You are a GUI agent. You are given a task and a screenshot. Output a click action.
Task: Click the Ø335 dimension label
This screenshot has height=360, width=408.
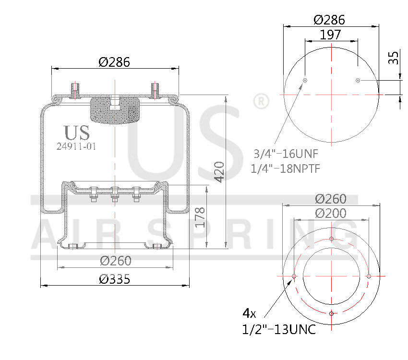tap(114, 279)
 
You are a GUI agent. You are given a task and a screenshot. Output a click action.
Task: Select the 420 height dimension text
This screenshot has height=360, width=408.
tap(219, 171)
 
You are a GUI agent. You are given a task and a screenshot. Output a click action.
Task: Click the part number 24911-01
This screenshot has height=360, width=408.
tap(76, 147)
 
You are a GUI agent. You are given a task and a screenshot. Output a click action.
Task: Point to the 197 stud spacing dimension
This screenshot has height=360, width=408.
tap(330, 35)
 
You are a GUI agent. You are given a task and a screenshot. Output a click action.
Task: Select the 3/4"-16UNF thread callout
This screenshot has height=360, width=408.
tap(286, 154)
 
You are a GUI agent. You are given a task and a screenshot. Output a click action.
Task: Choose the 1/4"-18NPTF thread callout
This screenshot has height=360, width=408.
tap(286, 168)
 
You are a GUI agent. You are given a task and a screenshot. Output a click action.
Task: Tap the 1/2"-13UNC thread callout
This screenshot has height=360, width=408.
tap(279, 329)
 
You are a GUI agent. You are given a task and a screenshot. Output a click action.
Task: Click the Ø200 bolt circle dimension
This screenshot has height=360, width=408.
tap(331, 213)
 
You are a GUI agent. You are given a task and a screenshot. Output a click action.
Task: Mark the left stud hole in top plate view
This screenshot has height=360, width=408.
tap(305, 80)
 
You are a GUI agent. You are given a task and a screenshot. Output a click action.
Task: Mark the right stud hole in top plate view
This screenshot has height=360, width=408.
tap(358, 80)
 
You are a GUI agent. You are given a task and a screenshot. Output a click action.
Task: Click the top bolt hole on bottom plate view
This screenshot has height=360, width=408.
tap(332, 239)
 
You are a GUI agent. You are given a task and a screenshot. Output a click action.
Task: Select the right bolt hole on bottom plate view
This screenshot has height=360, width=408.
tap(369, 276)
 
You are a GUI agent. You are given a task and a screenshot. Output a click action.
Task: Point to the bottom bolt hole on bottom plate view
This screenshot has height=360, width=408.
tap(332, 313)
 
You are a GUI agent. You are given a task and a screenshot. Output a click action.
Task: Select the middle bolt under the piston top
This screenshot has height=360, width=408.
tap(115, 195)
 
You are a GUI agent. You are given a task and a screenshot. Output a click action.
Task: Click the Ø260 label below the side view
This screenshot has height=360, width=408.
tap(115, 261)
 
